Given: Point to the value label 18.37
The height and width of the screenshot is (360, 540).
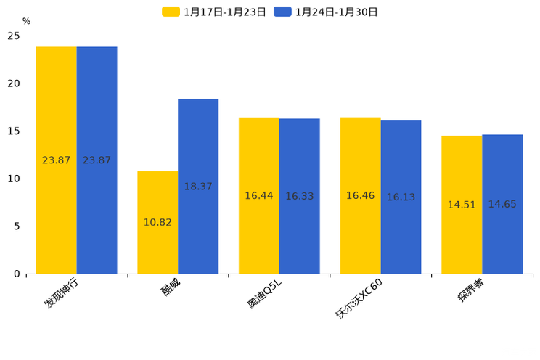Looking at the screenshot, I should click(x=198, y=187).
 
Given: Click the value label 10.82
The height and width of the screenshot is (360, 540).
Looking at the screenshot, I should click(x=157, y=223).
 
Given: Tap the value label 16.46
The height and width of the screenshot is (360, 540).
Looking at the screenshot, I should click(x=360, y=196).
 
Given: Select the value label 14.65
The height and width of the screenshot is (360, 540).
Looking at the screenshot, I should click(x=502, y=205).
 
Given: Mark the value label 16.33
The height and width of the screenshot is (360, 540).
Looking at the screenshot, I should click(x=300, y=197).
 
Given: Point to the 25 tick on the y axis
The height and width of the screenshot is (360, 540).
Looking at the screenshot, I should click(x=14, y=36).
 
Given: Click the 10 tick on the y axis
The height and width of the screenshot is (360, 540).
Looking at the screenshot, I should click(x=14, y=179).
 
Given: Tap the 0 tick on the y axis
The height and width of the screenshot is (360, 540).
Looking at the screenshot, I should click(x=17, y=274).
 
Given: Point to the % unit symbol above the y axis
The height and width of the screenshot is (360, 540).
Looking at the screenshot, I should click(x=26, y=22).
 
